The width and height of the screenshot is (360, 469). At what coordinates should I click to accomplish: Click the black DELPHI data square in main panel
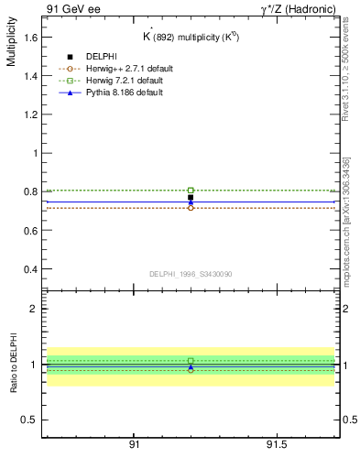click(191, 197)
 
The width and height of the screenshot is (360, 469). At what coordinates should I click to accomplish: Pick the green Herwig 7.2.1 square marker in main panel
click(191, 190)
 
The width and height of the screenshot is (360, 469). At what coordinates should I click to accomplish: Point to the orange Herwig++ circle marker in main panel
click(191, 208)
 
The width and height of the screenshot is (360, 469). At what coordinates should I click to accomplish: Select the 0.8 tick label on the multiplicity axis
click(29, 192)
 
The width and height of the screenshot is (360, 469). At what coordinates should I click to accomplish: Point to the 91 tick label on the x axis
click(134, 444)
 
